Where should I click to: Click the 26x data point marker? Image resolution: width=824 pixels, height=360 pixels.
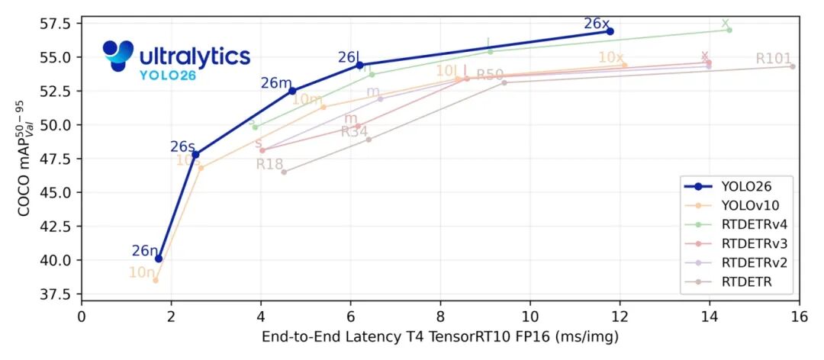pyautogui.click(x=610, y=31)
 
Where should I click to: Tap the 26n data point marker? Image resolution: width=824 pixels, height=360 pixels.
pyautogui.click(x=159, y=259)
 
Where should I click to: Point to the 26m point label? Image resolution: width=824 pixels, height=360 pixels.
pyautogui.click(x=276, y=83)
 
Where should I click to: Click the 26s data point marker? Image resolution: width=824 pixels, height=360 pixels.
pyautogui.click(x=195, y=154)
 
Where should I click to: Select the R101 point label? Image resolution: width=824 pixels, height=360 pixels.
pyautogui.click(x=774, y=59)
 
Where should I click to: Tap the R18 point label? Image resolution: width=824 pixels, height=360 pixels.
pyautogui.click(x=270, y=164)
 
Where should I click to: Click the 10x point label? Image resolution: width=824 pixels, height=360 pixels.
pyautogui.click(x=610, y=58)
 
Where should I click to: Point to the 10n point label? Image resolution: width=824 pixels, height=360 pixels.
pyautogui.click(x=142, y=272)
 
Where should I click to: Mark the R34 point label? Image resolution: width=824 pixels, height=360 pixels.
pyautogui.click(x=355, y=131)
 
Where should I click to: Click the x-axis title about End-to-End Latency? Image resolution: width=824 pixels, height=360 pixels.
pyautogui.click(x=440, y=336)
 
